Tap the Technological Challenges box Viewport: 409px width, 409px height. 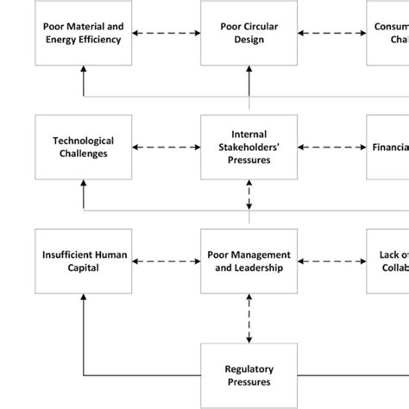84,147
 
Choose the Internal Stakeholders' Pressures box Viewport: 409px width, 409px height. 249,147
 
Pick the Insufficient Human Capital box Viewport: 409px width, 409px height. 84,261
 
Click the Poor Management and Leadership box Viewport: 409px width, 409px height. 249,261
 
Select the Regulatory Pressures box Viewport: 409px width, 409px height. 249,374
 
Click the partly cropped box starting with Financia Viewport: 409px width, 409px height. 387,147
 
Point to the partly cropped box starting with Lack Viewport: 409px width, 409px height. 387,261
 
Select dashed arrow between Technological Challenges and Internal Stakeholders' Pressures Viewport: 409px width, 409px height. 167,148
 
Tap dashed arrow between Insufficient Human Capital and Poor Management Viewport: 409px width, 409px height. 167,261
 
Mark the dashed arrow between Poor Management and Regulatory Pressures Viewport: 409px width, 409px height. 249,318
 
